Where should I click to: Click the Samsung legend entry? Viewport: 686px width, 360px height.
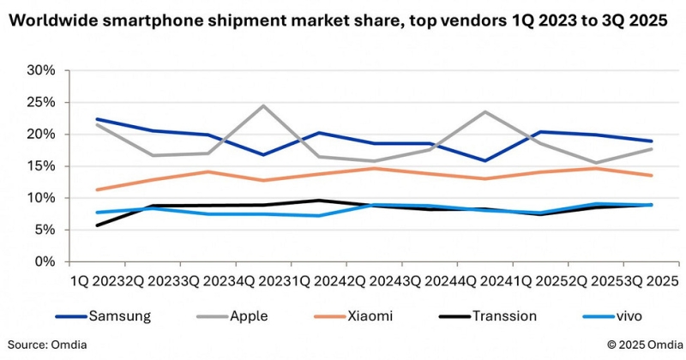[120, 315]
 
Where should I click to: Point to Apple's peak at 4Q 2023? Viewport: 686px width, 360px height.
[263, 105]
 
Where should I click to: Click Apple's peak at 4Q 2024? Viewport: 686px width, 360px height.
[485, 111]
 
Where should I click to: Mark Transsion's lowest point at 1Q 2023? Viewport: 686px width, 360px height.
[97, 225]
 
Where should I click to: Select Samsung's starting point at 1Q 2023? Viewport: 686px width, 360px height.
[97, 119]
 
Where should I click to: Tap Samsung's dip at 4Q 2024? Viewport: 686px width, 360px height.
[485, 160]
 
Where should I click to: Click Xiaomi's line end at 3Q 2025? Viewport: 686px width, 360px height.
[652, 176]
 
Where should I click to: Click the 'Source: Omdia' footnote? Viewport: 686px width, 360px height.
[49, 345]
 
